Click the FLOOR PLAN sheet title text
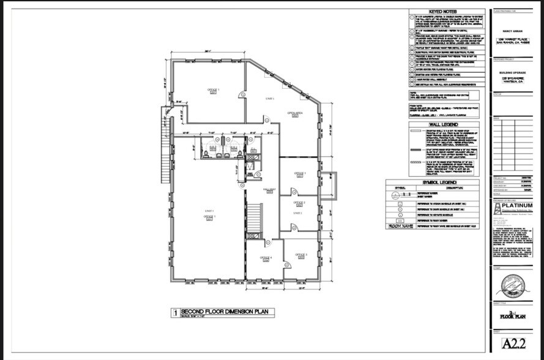click(x=513, y=317)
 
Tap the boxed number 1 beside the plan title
click(x=175, y=313)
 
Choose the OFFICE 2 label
click(x=300, y=203)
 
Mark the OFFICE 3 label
click(x=300, y=254)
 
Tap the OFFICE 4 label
click(x=265, y=258)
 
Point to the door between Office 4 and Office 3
click(x=284, y=263)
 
